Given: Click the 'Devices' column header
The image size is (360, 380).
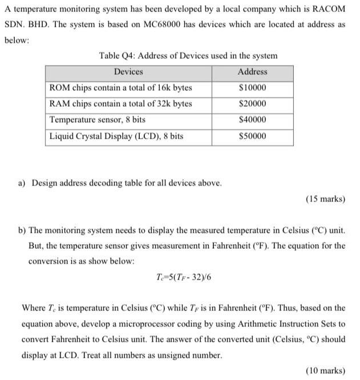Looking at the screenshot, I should tap(128, 72).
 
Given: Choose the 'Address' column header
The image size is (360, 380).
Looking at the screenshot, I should tap(252, 72).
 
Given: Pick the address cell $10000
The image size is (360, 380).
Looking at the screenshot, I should tap(252, 88).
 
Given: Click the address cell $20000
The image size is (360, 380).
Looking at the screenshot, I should tap(252, 104).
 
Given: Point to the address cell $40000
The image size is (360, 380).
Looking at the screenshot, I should tap(252, 120).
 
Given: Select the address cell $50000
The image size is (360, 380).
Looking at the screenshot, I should tap(252, 137).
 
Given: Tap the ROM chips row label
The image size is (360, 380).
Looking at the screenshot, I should tap(121, 88).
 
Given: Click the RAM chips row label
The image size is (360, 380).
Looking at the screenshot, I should tap(121, 104).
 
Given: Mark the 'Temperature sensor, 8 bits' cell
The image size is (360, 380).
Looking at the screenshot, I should tap(98, 120).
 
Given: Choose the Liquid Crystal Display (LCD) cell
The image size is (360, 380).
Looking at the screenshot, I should tap(116, 137).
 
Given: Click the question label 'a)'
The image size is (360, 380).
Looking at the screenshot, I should tap(22, 183).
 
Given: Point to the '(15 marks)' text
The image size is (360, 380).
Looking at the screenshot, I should tap(325, 199).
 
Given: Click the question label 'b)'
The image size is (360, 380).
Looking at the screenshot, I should tap(22, 231).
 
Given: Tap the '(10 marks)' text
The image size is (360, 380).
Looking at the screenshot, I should tap(325, 370).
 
